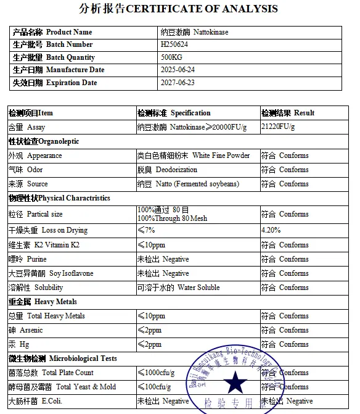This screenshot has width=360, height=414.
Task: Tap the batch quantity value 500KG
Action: tap(171, 57)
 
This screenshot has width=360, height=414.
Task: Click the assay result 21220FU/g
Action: tap(278, 126)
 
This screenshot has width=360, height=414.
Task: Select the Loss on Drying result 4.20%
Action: tap(271, 230)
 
